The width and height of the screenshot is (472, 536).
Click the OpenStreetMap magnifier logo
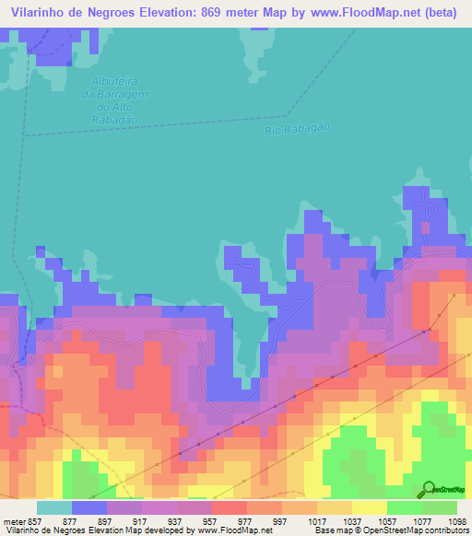pos(429,489)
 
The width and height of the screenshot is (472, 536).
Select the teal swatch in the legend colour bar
pos(54,507)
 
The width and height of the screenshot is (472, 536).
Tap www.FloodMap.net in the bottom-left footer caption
pos(233,530)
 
